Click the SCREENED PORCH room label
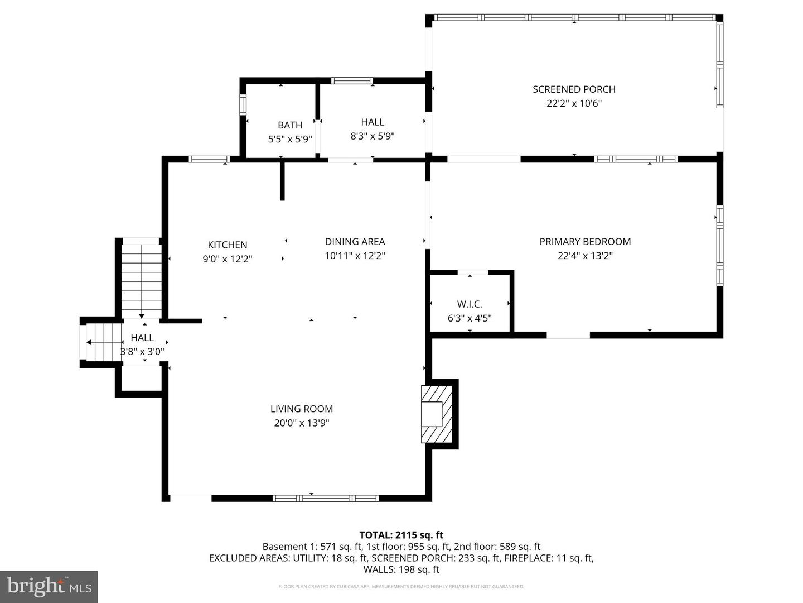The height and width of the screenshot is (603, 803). pos(574,89)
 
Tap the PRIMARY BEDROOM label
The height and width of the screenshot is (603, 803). pos(585,242)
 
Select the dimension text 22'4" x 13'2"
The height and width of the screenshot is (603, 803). pos(585,256)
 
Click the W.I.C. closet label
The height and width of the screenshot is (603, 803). pos(470,304)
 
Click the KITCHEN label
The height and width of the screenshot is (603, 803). pos(228,245)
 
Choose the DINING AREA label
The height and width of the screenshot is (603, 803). pos(355,242)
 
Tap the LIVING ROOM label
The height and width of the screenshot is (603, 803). pos(302,409)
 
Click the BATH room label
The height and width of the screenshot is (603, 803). pos(290,125)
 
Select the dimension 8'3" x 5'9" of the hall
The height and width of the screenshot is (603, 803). pos(373,136)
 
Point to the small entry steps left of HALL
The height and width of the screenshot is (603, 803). pos(103,342)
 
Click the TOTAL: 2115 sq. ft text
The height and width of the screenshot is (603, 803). pos(401,535)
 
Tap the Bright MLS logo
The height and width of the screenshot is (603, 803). pos(49,586)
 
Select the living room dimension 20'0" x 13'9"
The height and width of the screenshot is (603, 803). pos(302,423)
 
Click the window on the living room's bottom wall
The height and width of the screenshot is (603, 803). pos(326,498)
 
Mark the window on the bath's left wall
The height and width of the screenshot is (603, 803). pos(243,104)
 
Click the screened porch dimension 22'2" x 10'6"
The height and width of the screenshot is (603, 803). pos(574,103)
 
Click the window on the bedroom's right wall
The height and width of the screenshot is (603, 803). pos(719,246)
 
